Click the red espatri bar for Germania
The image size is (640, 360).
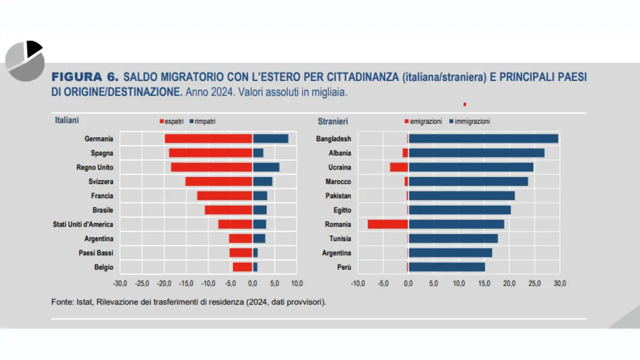[x=208, y=139]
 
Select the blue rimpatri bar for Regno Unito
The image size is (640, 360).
[x=266, y=167]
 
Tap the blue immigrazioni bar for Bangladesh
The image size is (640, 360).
[x=483, y=139]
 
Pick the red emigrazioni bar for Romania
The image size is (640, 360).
[x=388, y=225]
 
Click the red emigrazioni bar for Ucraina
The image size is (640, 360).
[x=399, y=167]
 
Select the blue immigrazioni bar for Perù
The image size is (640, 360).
[x=446, y=267]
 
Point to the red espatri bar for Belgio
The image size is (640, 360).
[x=242, y=267]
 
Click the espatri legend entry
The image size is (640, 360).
[x=172, y=122]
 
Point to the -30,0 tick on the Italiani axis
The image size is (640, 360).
[x=120, y=283]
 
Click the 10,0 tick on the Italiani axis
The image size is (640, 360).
[x=297, y=283]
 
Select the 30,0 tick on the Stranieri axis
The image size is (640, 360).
[x=559, y=283]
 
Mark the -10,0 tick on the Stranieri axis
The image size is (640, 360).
[x=358, y=283]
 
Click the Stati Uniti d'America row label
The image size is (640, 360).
[x=83, y=225]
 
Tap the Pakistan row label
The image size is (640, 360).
[x=338, y=196]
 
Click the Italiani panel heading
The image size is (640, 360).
[x=67, y=121]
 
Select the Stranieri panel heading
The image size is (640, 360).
[x=333, y=121]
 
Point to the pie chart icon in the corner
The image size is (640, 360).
[x=25, y=61]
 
